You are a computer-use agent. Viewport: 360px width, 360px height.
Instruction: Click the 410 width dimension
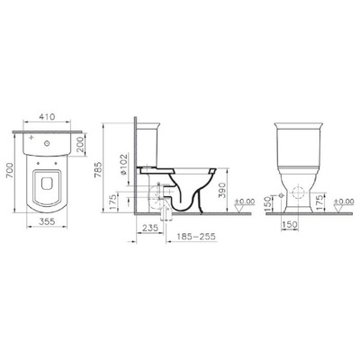(47, 116)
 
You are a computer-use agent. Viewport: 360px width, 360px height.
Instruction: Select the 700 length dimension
(10, 171)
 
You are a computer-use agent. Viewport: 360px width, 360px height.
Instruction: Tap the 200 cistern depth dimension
(80, 145)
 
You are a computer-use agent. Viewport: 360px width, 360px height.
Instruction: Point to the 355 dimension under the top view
(47, 221)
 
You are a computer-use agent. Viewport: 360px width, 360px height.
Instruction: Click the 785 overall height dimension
(98, 170)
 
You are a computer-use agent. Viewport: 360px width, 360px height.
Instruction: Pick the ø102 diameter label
(124, 164)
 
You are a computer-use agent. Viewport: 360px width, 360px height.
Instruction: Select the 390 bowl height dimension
(221, 190)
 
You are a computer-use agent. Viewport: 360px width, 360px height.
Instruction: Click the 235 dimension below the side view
(150, 228)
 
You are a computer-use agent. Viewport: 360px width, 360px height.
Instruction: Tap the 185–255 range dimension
(196, 237)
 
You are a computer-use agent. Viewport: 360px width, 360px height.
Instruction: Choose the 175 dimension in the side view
(112, 202)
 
